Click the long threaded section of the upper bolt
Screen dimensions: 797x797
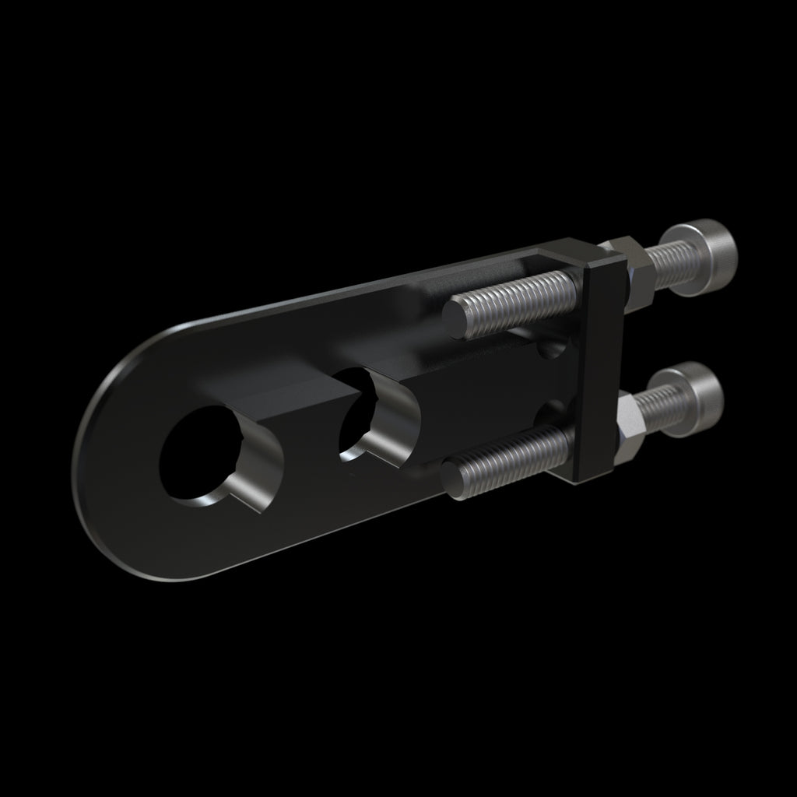pos(518,298)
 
